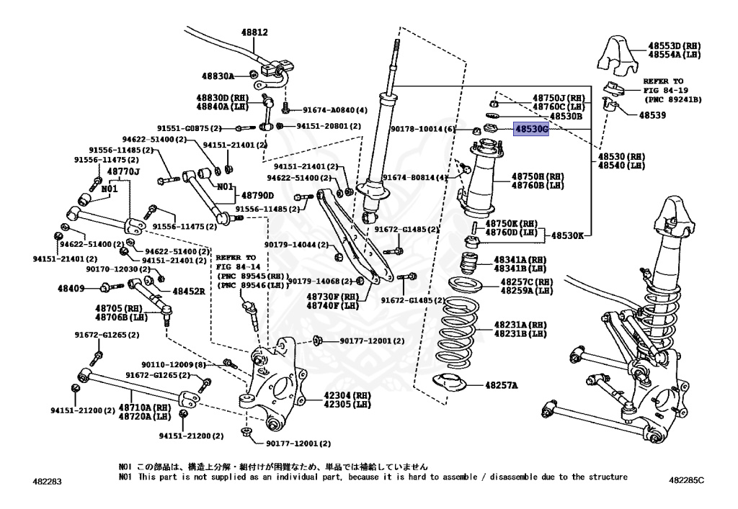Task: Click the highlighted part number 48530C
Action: pos(530,130)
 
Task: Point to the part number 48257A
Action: pos(501,386)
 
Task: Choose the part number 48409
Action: pos(72,288)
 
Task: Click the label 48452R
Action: pos(188,292)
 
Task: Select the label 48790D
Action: pos(257,195)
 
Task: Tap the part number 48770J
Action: pos(123,171)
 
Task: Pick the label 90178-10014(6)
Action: pos(424,129)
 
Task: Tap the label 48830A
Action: pos(218,75)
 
